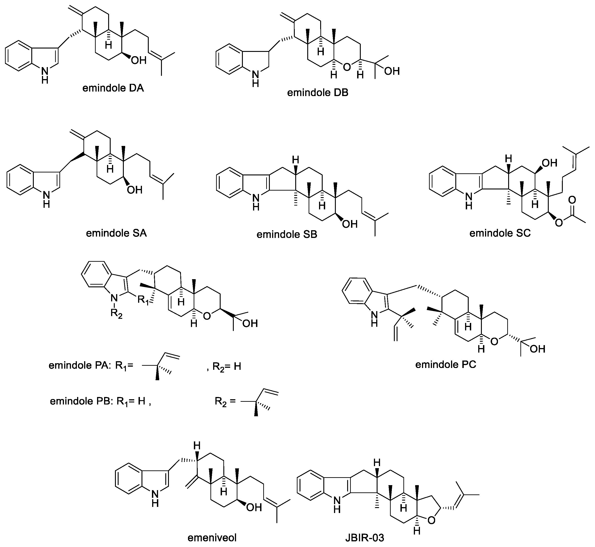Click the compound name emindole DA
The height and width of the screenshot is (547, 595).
point(113,88)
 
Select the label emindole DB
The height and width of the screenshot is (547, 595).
point(317,93)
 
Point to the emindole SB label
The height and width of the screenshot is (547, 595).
point(287,235)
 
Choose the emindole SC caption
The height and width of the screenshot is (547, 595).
point(500,233)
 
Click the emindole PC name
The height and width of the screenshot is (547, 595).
point(445,364)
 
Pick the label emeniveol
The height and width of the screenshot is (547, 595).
point(212,537)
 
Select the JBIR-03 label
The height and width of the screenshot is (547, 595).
point(365,537)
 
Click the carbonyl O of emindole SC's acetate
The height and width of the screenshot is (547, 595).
point(572,200)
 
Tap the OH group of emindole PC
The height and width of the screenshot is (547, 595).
point(537,349)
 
